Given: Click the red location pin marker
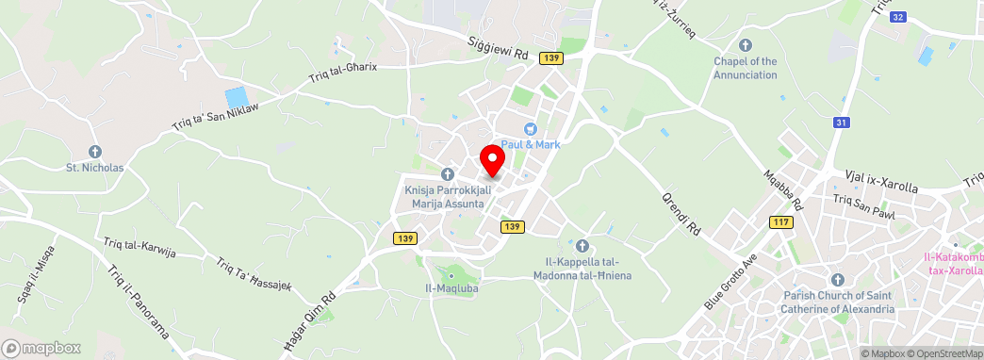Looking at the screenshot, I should click(492, 159).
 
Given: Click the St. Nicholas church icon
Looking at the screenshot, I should click(94, 151).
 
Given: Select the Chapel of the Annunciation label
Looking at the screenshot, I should click(745, 68).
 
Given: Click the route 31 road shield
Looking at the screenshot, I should click(842, 122).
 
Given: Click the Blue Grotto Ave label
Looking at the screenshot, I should click(731, 281).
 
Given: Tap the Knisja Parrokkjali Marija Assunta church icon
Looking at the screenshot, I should click(448, 174).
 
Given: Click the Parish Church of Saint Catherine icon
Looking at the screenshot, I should click(838, 280).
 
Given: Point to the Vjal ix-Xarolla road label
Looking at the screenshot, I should click(880, 180).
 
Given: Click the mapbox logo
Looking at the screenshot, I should click(42, 348).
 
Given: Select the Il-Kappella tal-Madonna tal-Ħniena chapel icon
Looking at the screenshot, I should click(582, 246).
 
